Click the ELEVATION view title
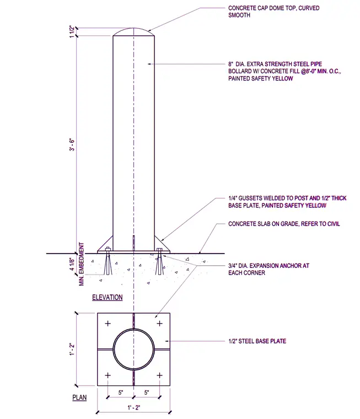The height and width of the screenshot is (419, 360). click(x=107, y=297)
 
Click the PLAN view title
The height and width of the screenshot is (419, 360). click(x=79, y=397)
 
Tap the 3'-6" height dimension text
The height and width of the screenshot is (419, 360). click(x=72, y=144)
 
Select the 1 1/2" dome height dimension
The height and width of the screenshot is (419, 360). click(x=72, y=32)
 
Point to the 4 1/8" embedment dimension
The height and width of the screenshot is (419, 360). click(x=72, y=264)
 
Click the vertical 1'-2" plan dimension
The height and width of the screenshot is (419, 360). click(x=72, y=349)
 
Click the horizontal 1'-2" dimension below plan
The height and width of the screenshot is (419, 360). click(x=133, y=407)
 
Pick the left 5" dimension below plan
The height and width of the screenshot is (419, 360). click(x=121, y=393)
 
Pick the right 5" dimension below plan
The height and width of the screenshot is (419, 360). click(x=147, y=393)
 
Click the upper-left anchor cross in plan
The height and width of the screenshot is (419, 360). click(x=108, y=324)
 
